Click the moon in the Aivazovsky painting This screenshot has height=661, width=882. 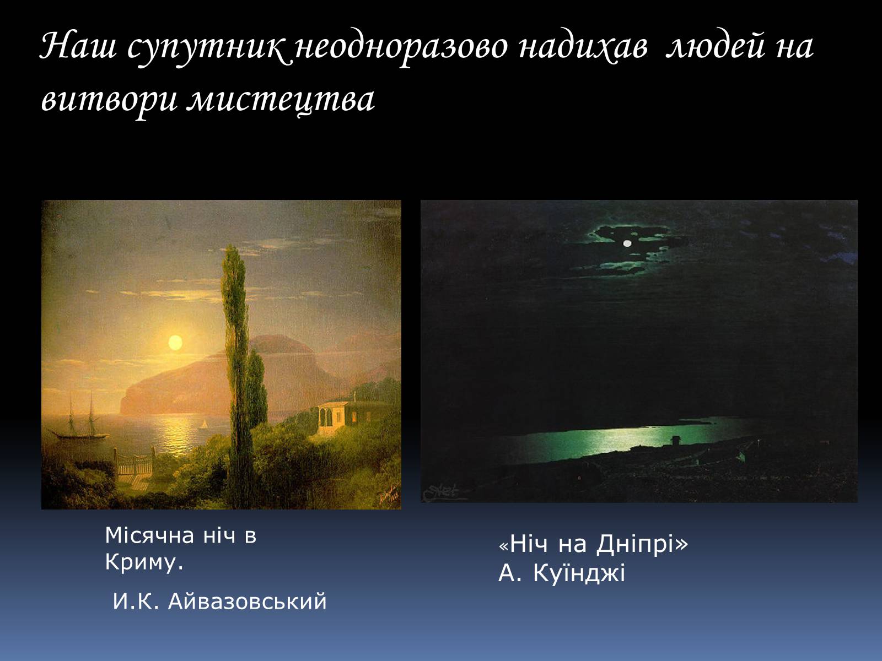coord(175,342)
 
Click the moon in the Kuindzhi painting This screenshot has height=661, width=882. coord(627,243)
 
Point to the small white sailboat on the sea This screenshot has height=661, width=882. coord(203,425)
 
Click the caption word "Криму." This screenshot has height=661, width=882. coord(144,562)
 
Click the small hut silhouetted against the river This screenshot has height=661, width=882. coord(675,440)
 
